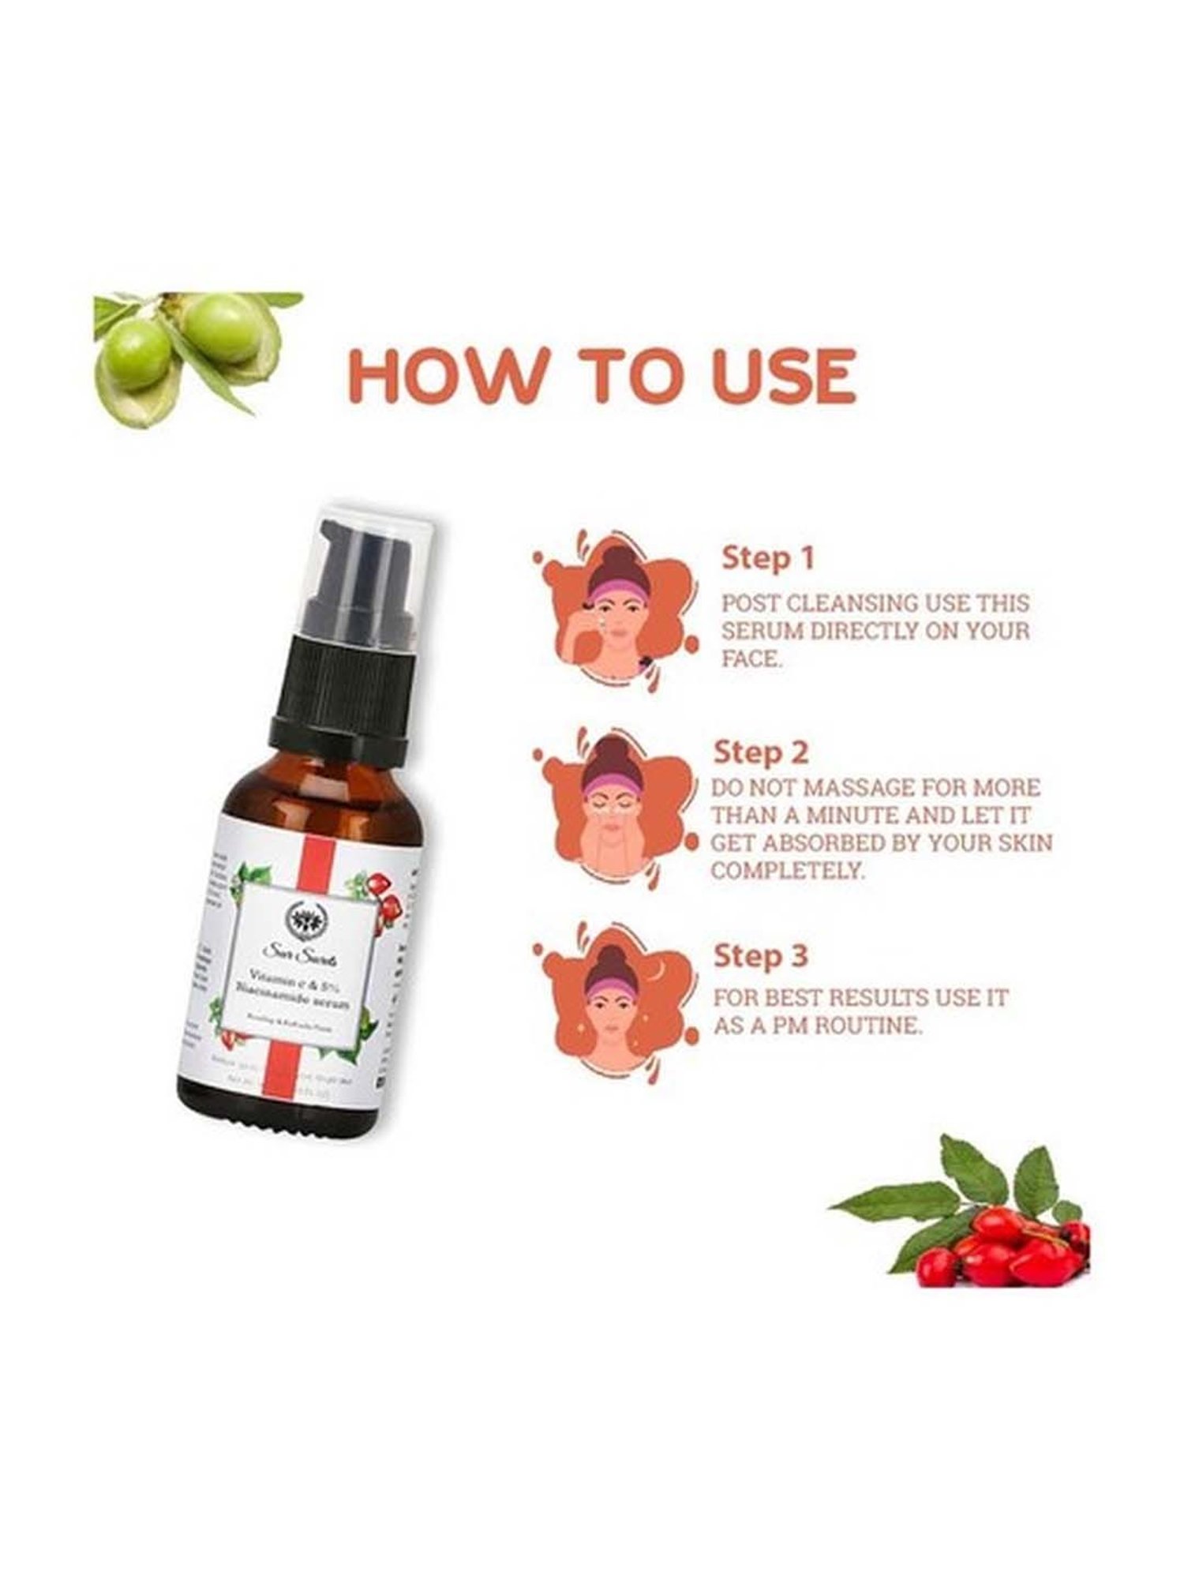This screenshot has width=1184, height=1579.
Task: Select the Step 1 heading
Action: point(766,558)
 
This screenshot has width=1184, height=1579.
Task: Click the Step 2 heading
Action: point(761,752)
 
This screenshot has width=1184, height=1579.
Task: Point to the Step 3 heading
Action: point(761,957)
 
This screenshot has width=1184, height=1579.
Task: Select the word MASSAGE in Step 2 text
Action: point(868,787)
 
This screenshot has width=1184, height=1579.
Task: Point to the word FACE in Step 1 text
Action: point(751,659)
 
